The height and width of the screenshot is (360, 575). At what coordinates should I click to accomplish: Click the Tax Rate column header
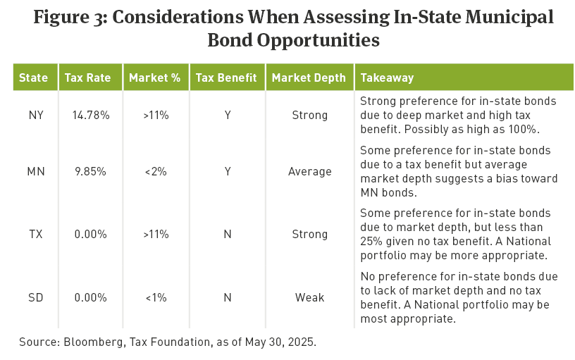tap(87, 77)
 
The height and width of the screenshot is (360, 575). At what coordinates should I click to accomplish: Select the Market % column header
tap(154, 77)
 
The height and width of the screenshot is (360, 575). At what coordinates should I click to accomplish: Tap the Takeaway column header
tap(386, 77)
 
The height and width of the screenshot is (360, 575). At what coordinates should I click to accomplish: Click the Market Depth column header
tap(309, 77)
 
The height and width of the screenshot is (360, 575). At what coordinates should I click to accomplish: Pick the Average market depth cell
tap(309, 171)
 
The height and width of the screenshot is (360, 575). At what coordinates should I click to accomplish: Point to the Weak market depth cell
tap(309, 297)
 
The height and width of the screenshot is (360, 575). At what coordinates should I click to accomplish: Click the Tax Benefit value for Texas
tap(227, 234)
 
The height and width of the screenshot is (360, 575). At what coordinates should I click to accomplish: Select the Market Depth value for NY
tap(309, 114)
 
